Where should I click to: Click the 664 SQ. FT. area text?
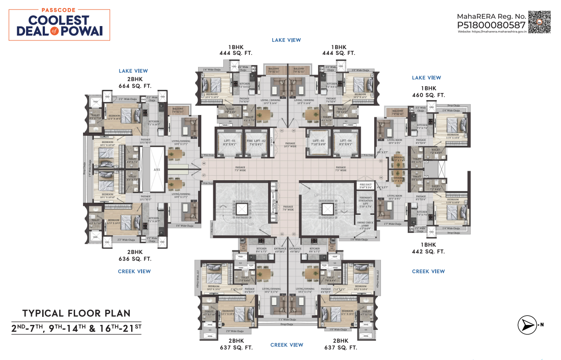click(135, 86)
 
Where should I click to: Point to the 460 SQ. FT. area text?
click(428, 95)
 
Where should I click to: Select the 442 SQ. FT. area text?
click(428, 252)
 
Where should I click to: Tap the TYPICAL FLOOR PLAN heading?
click(76, 313)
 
